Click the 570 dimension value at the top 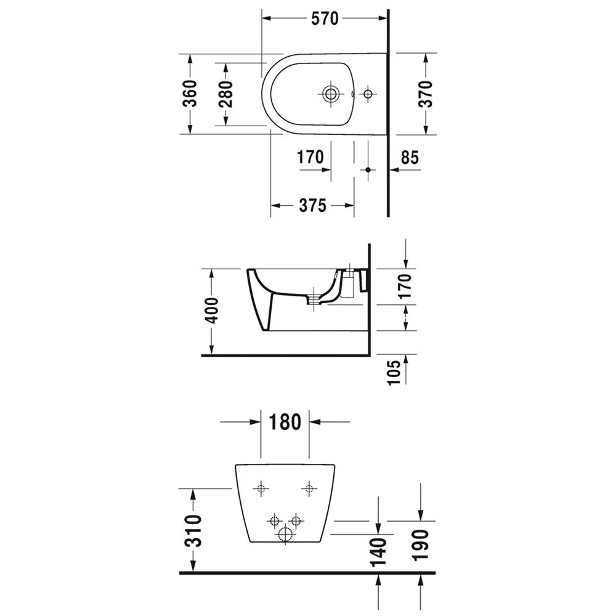pos(324,19)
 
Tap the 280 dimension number pos(226,94)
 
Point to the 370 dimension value pos(425,94)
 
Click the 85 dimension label pos(410,158)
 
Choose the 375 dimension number pos(312,206)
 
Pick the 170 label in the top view pos(310,158)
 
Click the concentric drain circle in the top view pos(331,94)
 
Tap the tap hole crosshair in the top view pos(368,94)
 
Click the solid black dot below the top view pos(368,169)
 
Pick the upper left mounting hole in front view pos(262,488)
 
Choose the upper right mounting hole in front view pos(309,488)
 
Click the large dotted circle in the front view pos(285,535)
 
